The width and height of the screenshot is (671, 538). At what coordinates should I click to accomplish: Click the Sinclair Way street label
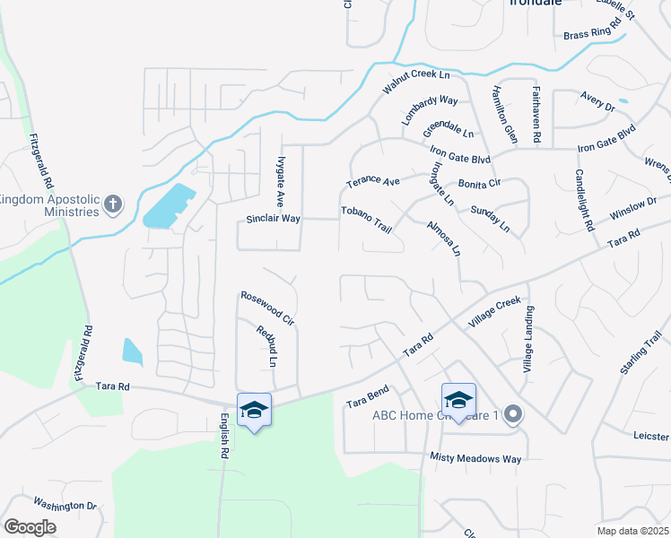pyautogui.click(x=274, y=219)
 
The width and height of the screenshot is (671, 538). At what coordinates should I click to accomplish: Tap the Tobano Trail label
pyautogui.click(x=366, y=219)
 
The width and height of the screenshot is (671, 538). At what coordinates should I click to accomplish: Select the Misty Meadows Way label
pyautogui.click(x=475, y=458)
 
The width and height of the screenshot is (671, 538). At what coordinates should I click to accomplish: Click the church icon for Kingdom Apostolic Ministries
pyautogui.click(x=113, y=204)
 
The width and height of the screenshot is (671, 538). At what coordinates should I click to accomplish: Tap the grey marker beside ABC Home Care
pyautogui.click(x=513, y=413)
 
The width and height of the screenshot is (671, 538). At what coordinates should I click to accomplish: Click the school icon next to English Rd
pyautogui.click(x=254, y=410)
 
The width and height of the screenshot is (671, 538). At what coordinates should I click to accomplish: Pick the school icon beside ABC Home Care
pyautogui.click(x=458, y=400)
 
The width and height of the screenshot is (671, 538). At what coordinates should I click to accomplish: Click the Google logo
pyautogui.click(x=30, y=526)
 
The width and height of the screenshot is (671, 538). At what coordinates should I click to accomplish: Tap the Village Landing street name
pyautogui.click(x=529, y=340)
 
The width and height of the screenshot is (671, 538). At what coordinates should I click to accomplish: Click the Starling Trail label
pyautogui.click(x=638, y=354)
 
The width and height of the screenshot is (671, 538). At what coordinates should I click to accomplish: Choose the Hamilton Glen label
pyautogui.click(x=504, y=114)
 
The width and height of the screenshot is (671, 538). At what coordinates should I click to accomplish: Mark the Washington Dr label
pyautogui.click(x=65, y=506)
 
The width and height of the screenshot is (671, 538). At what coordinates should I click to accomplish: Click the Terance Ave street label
pyautogui.click(x=372, y=182)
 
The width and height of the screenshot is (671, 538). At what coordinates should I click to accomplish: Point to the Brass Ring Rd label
pyautogui.click(x=593, y=33)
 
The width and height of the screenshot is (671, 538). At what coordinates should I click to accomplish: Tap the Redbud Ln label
pyautogui.click(x=266, y=346)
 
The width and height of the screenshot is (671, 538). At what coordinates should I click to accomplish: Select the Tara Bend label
pyautogui.click(x=367, y=397)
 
